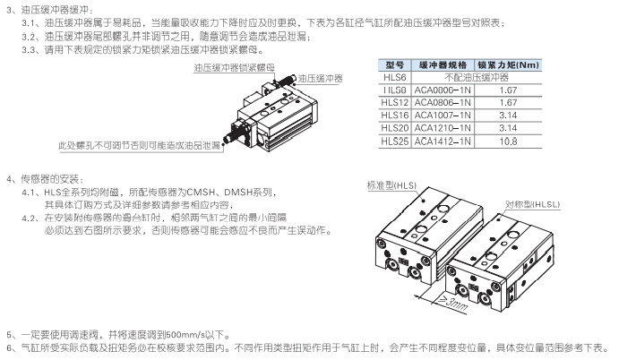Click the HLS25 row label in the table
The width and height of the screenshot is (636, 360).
pyautogui.click(x=394, y=141)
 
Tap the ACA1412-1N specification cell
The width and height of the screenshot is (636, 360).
pyautogui.click(x=446, y=141)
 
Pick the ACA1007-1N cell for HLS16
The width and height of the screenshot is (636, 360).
pyautogui.click(x=446, y=116)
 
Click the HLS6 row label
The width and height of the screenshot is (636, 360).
pyautogui.click(x=394, y=78)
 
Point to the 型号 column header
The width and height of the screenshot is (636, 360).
pyautogui.click(x=394, y=65)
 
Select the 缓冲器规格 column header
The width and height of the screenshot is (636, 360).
pyautogui.click(x=446, y=65)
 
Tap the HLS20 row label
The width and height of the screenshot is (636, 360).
pyautogui.click(x=394, y=128)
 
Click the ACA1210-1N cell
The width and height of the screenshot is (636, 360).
pyautogui.click(x=446, y=128)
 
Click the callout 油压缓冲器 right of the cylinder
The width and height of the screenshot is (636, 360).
pyautogui.click(x=320, y=79)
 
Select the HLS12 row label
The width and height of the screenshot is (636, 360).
pyautogui.click(x=394, y=103)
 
